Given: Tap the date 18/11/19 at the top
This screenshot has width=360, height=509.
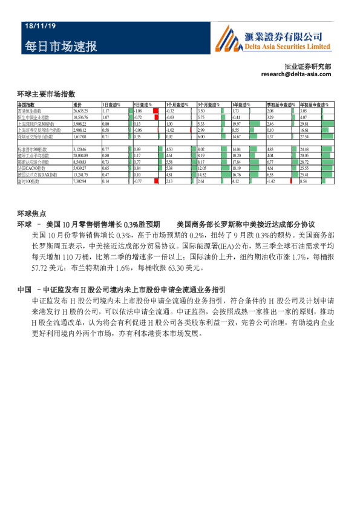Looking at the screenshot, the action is tap(41, 27).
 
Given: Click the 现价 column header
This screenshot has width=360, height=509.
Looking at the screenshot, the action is tap(77, 105).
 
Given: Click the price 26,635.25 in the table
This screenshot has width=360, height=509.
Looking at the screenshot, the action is tap(81, 112).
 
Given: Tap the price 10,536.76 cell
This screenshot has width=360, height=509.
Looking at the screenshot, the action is tap(81, 118).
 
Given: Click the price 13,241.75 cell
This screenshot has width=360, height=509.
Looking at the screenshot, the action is tap(81, 175).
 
